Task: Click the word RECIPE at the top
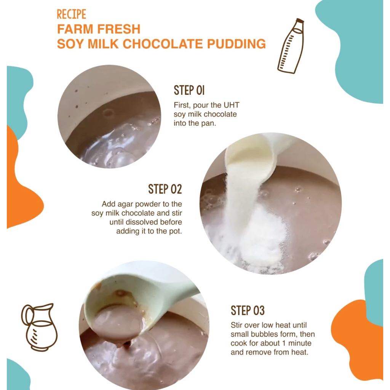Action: pyautogui.click(x=71, y=14)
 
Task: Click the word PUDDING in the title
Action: pyautogui.click(x=236, y=44)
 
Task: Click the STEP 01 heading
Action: pyautogui.click(x=189, y=90)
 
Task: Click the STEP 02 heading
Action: pyautogui.click(x=165, y=189)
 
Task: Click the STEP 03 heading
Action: pyautogui.click(x=248, y=311)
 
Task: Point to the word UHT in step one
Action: pyautogui.click(x=231, y=105)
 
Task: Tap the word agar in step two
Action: pyautogui.click(x=125, y=205)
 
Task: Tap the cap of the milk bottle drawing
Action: pyautogui.click(x=300, y=21)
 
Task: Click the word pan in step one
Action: pyautogui.click(x=208, y=124)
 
